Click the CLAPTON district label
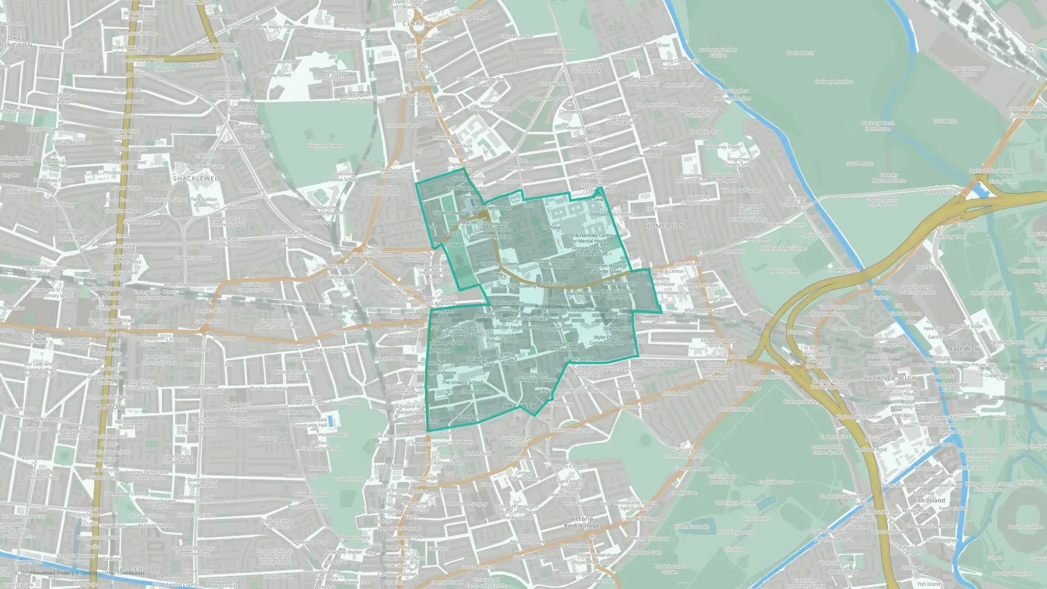click(419, 24)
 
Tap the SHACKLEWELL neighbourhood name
click(197, 179)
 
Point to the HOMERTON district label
click(665, 226)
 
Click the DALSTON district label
click(107, 406)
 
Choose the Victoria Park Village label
click(581, 522)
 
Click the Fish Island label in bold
click(929, 501)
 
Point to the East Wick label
click(964, 349)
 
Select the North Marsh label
click(800, 53)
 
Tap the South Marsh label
click(860, 163)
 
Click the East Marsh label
click(945, 121)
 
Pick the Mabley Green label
click(784, 271)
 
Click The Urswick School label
click(462, 382)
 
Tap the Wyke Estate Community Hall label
click(606, 340)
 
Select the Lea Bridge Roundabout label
click(417, 65)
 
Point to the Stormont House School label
click(343, 176)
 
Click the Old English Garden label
click(736, 503)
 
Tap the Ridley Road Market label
click(184, 285)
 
